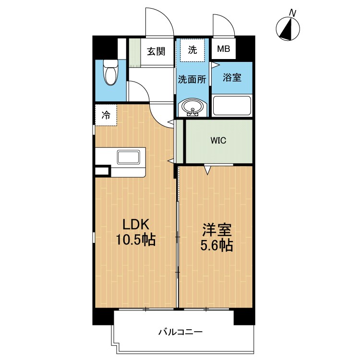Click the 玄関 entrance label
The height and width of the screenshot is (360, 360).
156,51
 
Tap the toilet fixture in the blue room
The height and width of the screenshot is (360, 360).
110,72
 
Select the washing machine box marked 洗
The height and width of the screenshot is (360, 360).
192,50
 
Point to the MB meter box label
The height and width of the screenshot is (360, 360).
223,49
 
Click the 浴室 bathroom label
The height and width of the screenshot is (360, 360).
232,77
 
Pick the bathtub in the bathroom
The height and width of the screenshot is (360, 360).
232,106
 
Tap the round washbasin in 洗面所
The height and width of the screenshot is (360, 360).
192,108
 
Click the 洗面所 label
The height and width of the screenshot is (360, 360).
192,79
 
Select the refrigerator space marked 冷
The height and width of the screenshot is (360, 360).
106,115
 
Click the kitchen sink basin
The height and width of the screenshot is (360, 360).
128,157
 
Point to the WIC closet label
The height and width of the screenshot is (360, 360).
218,140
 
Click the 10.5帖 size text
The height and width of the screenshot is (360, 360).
136,240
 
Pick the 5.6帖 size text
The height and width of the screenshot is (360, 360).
217,245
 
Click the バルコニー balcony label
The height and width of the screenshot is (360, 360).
180,332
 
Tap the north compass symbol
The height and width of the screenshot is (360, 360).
288,29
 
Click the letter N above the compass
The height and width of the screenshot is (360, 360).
292,13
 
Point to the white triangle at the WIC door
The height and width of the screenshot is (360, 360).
207,170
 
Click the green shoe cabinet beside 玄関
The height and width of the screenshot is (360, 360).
134,53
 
